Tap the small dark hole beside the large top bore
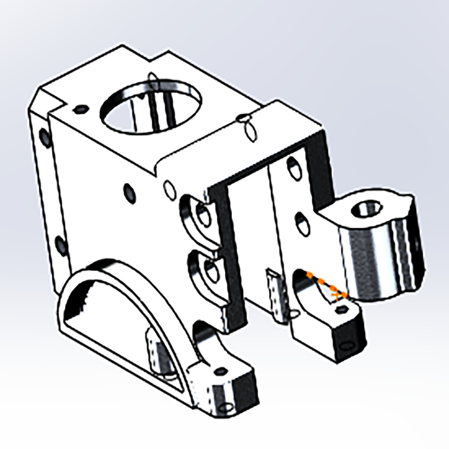(x=81, y=109)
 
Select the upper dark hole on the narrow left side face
(x=44, y=135)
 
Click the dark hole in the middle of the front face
(x=129, y=192)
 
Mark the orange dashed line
(x=326, y=284)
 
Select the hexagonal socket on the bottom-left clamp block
(x=221, y=371)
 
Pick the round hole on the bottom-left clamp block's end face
(x=227, y=408)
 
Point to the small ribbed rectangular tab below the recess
(x=276, y=294)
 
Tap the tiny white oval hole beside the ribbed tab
(x=295, y=313)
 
